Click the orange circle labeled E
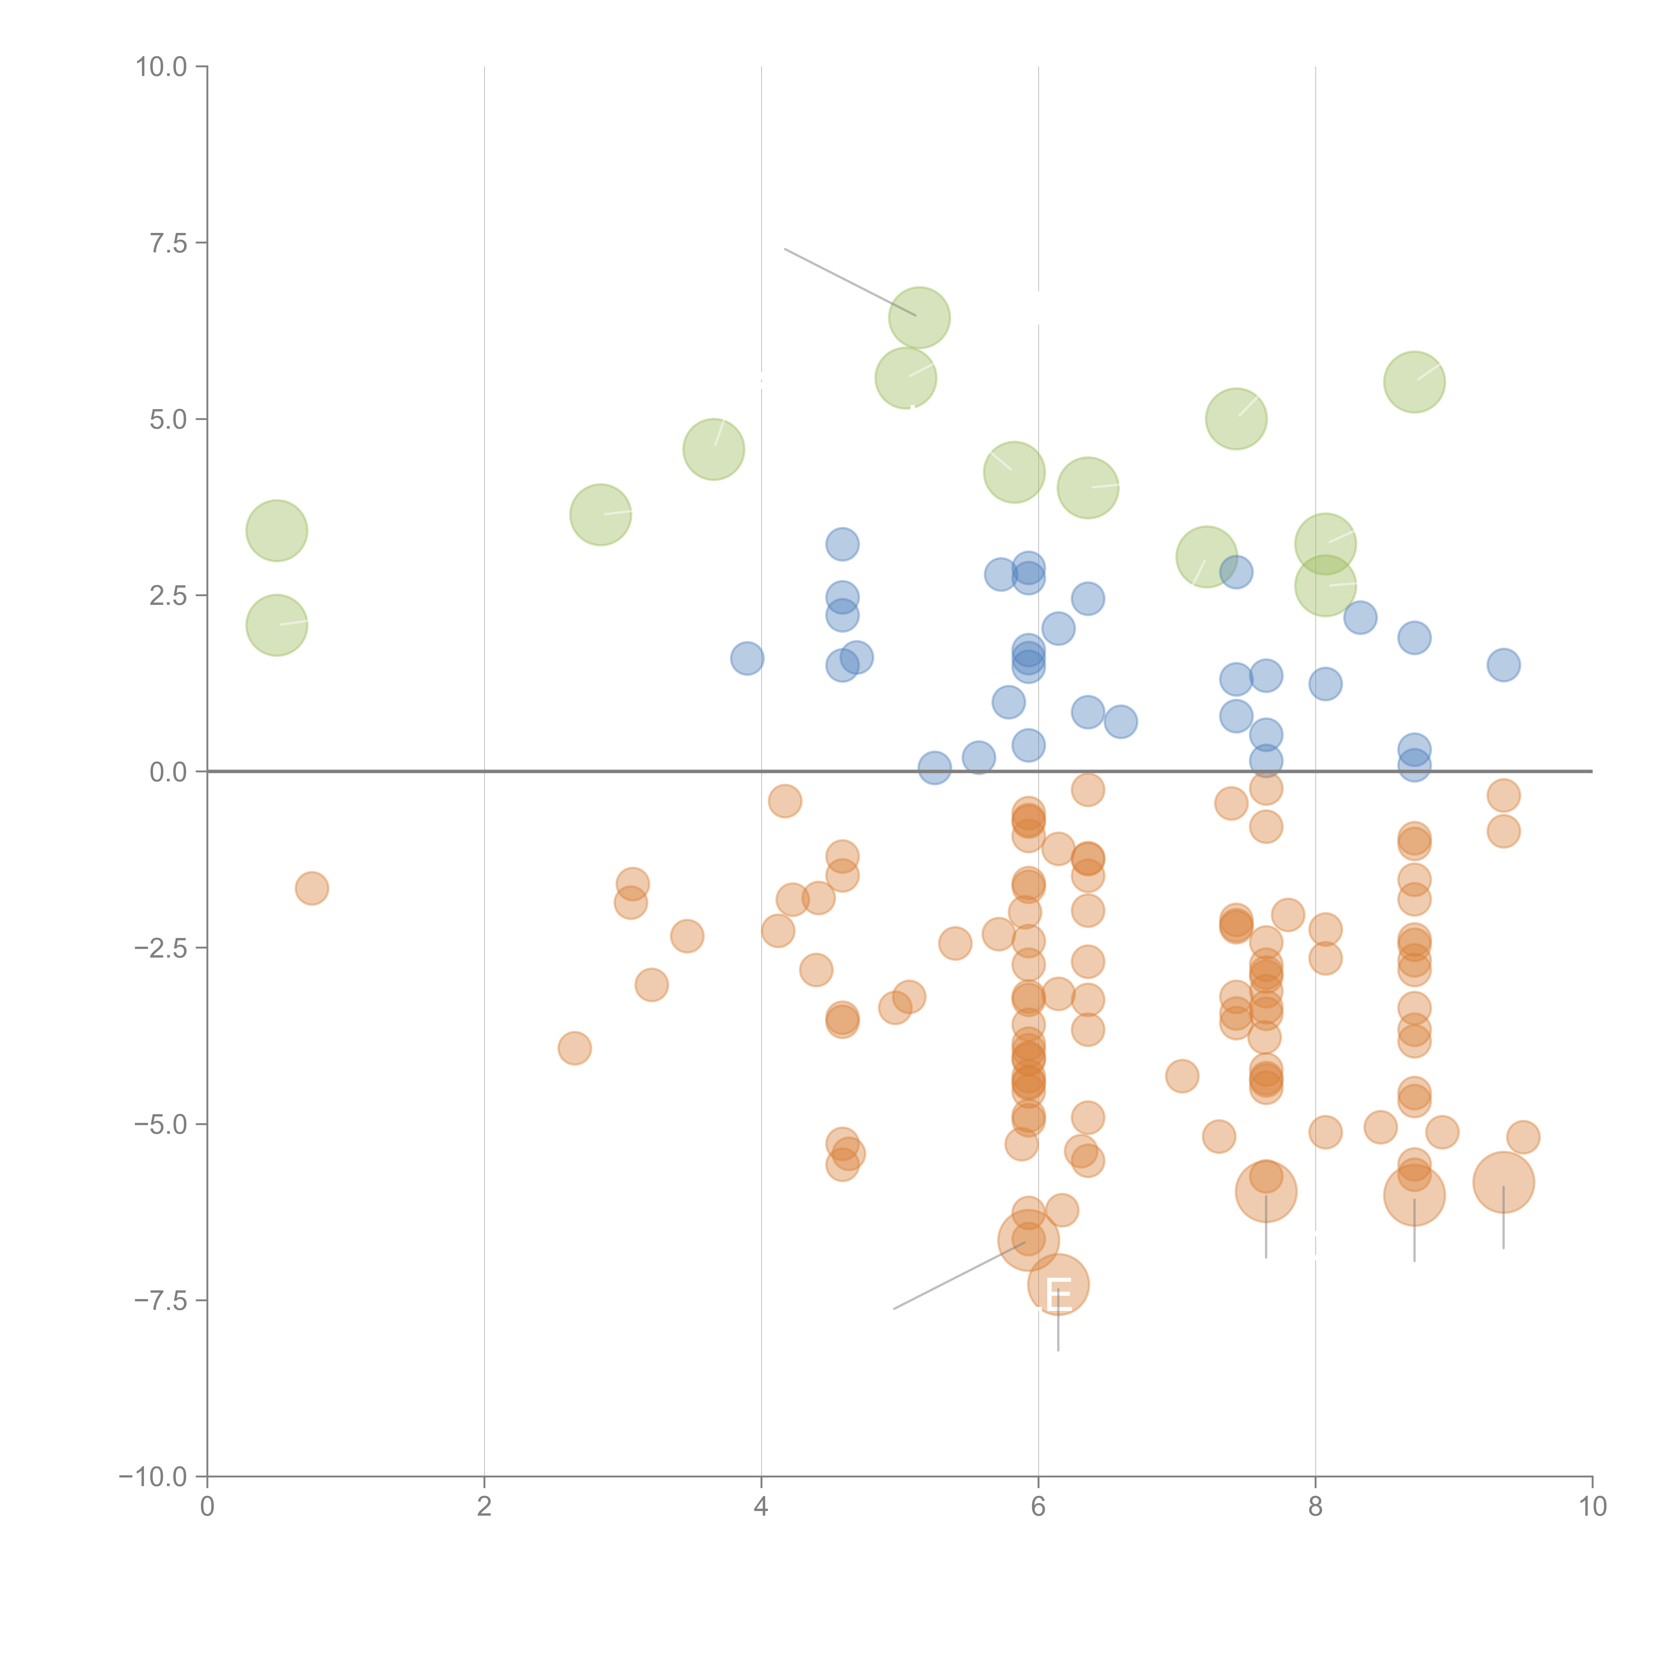[1058, 1285]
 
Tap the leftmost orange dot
[312, 888]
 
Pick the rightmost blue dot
[1503, 665]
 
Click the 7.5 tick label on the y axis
[168, 243]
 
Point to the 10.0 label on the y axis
[162, 67]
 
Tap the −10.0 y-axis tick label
[153, 1477]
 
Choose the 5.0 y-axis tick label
[168, 419]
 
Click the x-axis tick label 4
[761, 1506]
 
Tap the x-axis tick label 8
[1316, 1506]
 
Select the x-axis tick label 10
[1592, 1506]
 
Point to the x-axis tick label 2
[484, 1506]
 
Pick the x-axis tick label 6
[1038, 1506]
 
